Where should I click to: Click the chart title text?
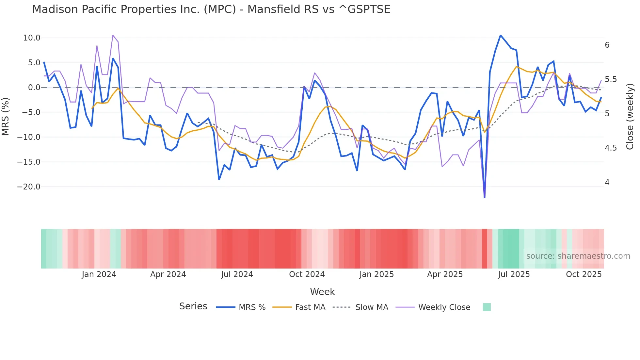[211, 9]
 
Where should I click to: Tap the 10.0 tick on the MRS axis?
[32, 38]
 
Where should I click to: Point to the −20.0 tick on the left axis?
[29, 187]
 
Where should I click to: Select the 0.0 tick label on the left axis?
[34, 88]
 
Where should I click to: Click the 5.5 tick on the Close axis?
[611, 79]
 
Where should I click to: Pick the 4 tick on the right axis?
[607, 183]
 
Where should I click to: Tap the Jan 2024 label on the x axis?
[99, 274]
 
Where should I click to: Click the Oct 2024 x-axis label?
[307, 274]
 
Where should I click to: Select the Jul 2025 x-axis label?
[514, 274]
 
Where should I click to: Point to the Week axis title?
[322, 292]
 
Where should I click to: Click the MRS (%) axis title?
[6, 116]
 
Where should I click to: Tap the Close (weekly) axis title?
[630, 116]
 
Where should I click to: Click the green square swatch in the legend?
[487, 307]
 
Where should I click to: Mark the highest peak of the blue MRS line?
[500, 35]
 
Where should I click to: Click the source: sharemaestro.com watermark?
[578, 256]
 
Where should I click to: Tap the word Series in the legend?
[193, 306]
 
